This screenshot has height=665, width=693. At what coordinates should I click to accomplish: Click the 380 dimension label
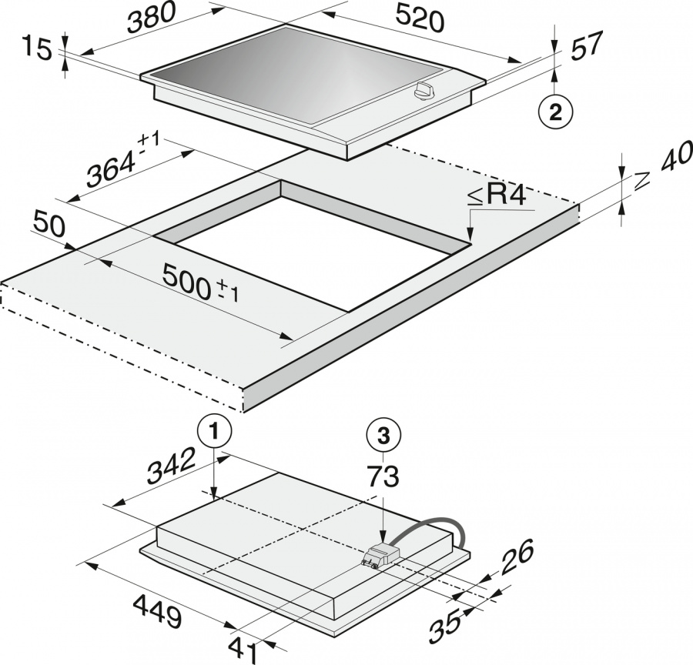151,18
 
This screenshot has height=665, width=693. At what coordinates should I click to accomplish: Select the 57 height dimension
587,45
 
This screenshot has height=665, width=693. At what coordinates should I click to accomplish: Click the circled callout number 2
555,112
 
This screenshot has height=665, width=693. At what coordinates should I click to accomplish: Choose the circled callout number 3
384,436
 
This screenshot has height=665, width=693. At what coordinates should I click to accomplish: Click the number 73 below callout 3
383,476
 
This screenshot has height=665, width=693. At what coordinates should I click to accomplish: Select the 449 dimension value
157,611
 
